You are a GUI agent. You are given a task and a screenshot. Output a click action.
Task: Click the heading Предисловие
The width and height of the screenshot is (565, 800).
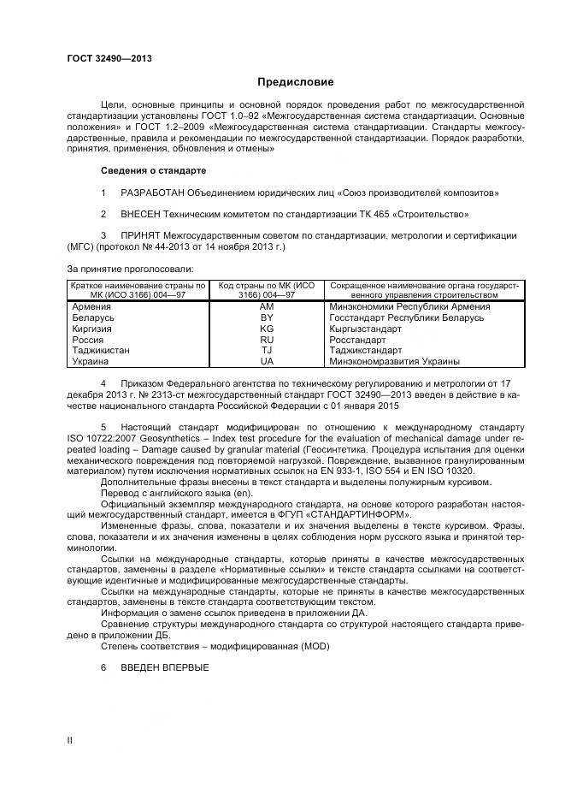tap(296, 82)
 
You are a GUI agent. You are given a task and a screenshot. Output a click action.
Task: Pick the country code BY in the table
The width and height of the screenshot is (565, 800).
tap(267, 317)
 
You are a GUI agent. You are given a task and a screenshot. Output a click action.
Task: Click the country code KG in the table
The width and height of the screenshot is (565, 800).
tap(267, 329)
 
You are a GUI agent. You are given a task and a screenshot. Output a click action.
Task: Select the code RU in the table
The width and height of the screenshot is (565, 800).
tap(267, 340)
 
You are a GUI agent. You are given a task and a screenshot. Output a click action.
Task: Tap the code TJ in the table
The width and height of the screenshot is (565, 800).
tap(267, 350)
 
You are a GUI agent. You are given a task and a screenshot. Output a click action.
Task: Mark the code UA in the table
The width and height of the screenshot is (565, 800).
tap(267, 361)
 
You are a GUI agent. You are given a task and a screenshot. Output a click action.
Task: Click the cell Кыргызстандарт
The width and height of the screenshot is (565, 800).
tap(366, 329)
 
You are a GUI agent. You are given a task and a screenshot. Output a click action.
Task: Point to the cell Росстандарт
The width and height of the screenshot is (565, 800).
tap(357, 340)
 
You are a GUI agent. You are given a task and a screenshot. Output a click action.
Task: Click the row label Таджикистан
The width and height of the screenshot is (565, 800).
tap(102, 350)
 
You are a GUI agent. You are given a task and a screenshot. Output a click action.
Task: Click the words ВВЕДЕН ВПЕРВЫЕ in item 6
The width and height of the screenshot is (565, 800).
tap(165, 667)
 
